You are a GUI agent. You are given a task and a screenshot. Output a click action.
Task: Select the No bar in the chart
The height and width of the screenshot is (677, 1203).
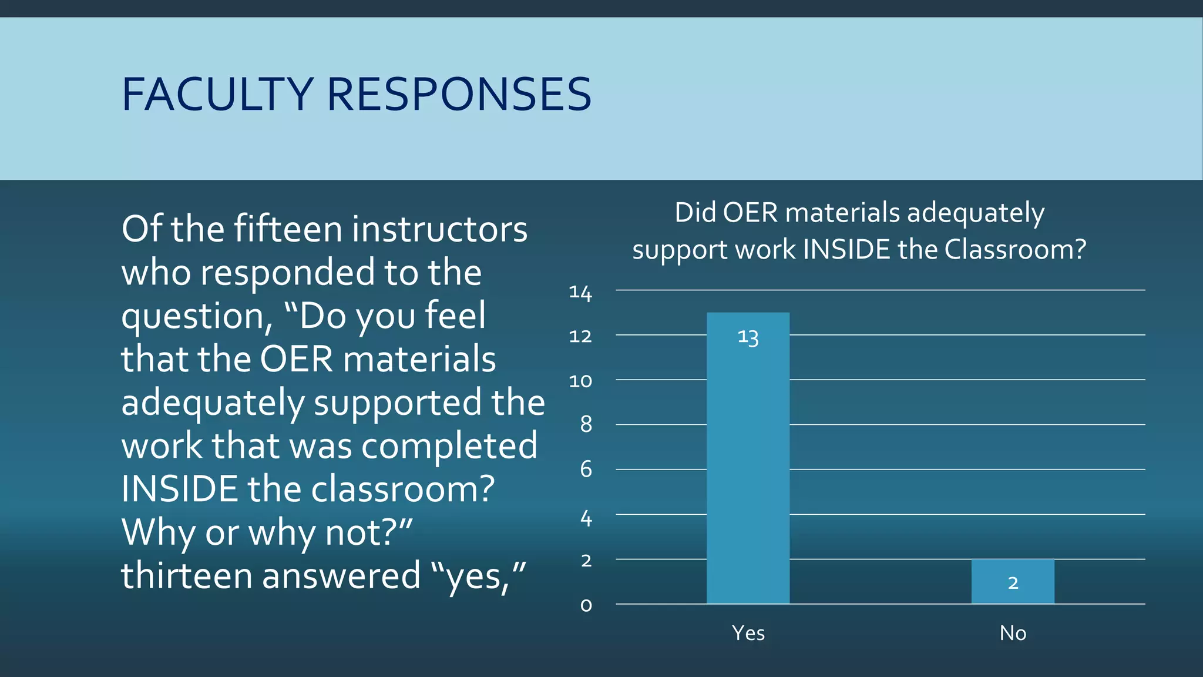[x=1013, y=581]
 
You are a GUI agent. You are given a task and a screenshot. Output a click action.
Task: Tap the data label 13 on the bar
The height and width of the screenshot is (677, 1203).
[x=748, y=337]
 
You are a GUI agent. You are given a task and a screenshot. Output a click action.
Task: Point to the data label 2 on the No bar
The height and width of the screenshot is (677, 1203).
[x=1013, y=583]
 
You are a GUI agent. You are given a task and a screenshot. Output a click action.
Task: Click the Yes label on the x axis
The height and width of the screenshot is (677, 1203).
[x=748, y=633]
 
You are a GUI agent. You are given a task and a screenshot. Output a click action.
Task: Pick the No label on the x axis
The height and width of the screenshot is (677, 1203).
[x=1013, y=633]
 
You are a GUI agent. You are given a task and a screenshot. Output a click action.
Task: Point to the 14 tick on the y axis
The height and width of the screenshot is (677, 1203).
[x=580, y=293]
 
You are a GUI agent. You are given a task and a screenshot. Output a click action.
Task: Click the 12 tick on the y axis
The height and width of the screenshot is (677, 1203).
[x=580, y=337]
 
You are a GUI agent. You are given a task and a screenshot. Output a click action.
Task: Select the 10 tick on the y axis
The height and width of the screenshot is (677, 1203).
[x=580, y=381]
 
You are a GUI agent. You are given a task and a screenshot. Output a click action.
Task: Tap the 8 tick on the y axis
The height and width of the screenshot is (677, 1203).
[x=586, y=424]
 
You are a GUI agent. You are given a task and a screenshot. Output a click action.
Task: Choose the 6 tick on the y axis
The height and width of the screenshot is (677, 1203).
[x=586, y=470]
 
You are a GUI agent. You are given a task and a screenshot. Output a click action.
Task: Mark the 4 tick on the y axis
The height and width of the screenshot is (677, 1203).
[x=586, y=518]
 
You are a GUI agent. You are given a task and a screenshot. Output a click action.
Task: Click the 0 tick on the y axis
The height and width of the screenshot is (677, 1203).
[x=586, y=605]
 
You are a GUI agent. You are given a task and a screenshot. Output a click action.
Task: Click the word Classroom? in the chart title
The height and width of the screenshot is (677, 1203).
[x=1015, y=250]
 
